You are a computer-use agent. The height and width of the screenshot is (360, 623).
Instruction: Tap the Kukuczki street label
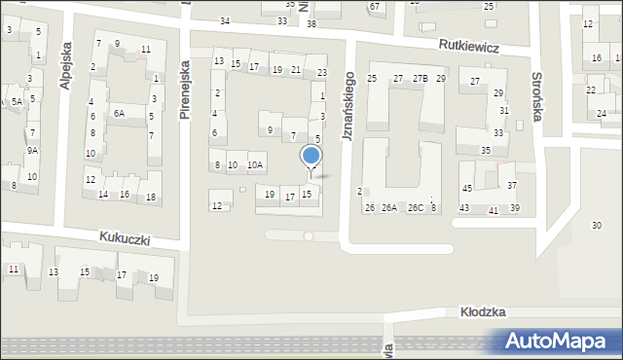point(124,237)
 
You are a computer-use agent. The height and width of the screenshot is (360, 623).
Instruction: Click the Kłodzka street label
point(483,311)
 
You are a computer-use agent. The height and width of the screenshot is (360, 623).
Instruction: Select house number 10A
point(254,165)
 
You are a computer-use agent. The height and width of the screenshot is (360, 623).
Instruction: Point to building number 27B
point(420,78)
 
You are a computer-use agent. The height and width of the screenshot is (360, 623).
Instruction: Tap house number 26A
point(388,207)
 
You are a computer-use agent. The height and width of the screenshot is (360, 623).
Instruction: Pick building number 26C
point(416,207)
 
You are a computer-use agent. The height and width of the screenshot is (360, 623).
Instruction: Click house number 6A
point(119,114)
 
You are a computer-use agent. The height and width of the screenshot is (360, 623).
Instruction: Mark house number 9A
point(32,150)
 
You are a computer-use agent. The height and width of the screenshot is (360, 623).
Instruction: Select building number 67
point(374,7)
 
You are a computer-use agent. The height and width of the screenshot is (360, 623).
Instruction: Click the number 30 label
point(596,226)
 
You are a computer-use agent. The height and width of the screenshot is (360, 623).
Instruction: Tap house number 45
point(467,188)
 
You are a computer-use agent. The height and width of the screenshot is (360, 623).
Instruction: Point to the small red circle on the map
point(309,235)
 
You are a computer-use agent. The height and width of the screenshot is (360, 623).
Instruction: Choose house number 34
point(226,20)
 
